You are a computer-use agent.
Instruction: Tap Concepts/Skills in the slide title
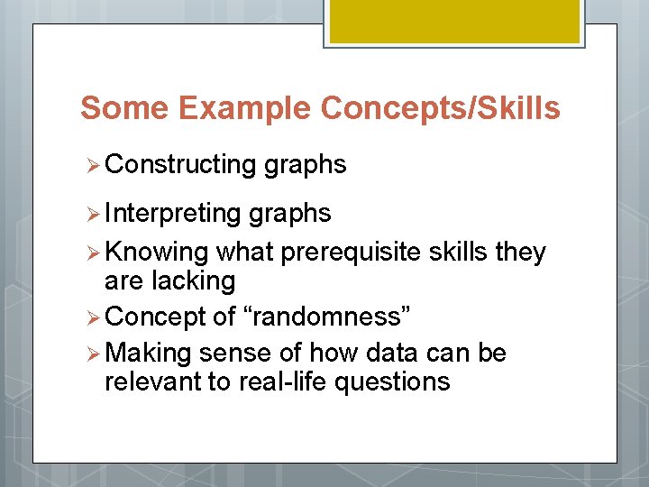click(440, 109)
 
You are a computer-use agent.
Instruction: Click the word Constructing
click(181, 164)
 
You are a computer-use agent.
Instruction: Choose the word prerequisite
click(351, 253)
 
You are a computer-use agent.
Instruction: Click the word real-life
click(283, 382)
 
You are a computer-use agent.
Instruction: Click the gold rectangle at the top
click(452, 21)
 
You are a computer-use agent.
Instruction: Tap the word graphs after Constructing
click(306, 164)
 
